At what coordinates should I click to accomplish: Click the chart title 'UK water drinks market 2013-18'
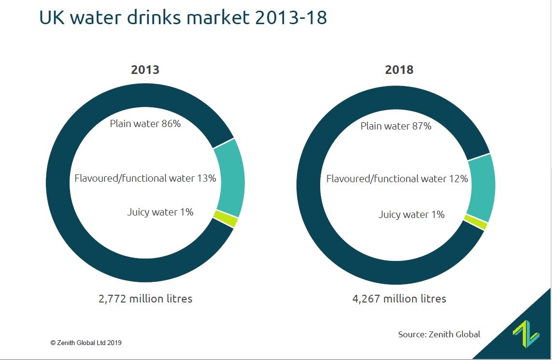coord(183,18)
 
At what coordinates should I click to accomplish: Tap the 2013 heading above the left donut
coord(145,70)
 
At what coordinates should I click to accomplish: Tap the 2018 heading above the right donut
coord(399,70)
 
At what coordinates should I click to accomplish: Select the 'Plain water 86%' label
coord(145,124)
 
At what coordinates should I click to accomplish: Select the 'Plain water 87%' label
coord(396,126)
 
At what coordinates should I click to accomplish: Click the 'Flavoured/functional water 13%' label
coord(145,178)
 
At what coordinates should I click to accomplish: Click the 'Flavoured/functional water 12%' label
coord(397,179)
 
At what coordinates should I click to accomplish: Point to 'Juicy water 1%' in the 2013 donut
coord(160,212)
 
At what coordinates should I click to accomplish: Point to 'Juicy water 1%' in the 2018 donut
coord(411,214)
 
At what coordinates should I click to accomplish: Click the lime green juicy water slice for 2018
coord(476,223)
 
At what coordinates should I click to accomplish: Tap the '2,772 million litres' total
coord(145,299)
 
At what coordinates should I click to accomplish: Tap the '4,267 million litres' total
coord(399,299)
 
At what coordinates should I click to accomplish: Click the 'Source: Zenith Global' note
coord(439,334)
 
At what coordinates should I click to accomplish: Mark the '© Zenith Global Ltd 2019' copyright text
coord(86,343)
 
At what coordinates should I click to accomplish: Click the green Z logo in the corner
coord(525,334)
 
